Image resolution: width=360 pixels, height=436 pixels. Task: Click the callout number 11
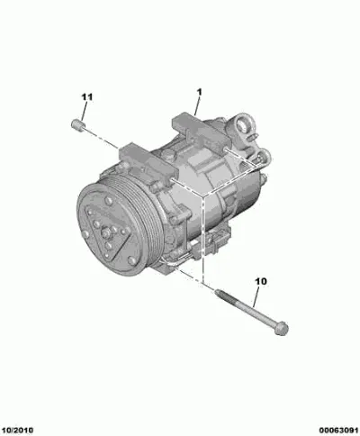point(86,97)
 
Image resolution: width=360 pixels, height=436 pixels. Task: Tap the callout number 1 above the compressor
point(199,92)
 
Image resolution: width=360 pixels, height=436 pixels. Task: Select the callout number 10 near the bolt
point(261,281)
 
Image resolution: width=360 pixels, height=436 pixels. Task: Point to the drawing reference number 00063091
point(338,431)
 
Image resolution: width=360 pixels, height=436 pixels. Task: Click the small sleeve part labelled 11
point(77,124)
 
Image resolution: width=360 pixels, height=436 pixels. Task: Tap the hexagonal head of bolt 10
point(282,328)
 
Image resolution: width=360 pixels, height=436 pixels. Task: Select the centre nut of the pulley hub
point(105,232)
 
